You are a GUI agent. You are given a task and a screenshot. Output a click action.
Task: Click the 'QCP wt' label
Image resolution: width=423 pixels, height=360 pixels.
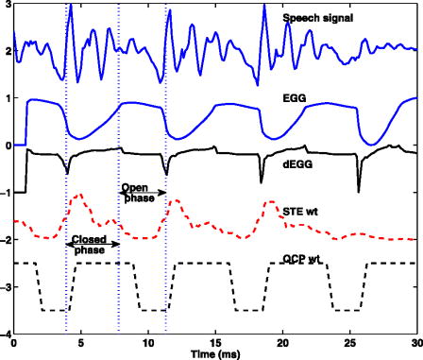coord(301,255)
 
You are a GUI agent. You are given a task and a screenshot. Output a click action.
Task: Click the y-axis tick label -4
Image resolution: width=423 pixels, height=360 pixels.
coord(5,334)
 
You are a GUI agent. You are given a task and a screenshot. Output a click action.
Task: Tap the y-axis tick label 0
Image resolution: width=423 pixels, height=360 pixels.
coord(7,146)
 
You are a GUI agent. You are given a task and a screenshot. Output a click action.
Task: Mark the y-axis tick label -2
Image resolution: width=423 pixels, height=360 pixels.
coord(5,240)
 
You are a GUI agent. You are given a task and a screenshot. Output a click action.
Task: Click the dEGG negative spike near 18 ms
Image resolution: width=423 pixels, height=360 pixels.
coord(262,180)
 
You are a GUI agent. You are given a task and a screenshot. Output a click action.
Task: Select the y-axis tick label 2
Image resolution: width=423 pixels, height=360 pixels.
coord(7,51)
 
